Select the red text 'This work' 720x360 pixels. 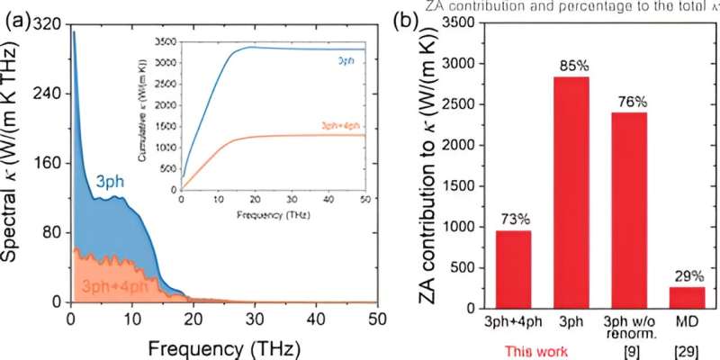click(x=536, y=352)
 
